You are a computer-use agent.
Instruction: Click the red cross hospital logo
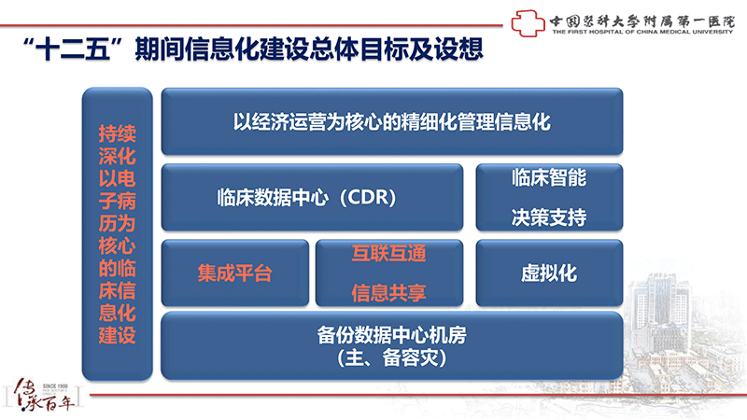click(528, 22)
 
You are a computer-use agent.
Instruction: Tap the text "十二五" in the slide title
click(74, 49)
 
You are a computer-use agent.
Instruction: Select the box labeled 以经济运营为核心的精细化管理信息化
click(392, 121)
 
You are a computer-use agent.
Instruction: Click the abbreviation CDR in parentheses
click(368, 197)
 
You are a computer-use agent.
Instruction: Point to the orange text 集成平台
click(235, 273)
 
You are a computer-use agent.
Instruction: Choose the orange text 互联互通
click(388, 253)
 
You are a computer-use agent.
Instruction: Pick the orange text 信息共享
click(388, 293)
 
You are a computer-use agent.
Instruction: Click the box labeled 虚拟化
click(549, 273)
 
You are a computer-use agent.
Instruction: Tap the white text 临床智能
click(549, 177)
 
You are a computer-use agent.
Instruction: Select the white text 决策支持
click(549, 217)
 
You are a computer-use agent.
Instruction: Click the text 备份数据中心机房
click(391, 335)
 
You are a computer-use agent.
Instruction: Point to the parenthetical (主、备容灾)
click(391, 358)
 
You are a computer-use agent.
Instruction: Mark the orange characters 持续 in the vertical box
click(118, 133)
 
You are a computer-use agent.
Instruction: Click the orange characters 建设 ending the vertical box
click(118, 335)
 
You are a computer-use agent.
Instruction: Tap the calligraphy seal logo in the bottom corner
click(44, 394)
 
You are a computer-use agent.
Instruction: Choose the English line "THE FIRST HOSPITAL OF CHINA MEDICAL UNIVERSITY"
click(642, 32)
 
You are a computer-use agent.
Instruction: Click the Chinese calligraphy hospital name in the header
click(642, 21)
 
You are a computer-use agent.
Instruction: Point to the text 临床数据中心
click(273, 197)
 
